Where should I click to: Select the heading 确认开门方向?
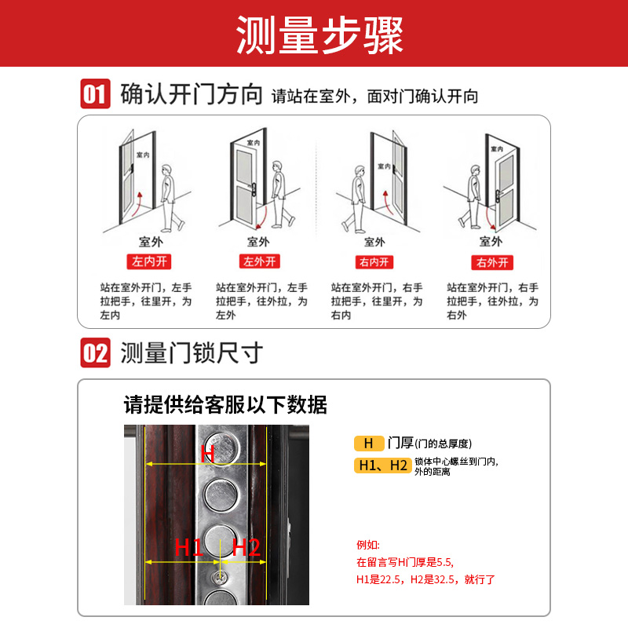point(192,95)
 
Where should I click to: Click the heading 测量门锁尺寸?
point(192,353)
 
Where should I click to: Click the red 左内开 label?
point(144,261)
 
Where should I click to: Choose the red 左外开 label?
point(259,261)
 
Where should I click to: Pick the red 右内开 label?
point(375,261)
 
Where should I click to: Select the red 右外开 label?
point(492,261)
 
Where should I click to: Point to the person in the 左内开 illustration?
point(168,196)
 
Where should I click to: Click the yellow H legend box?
point(368,444)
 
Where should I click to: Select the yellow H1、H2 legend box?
point(382,466)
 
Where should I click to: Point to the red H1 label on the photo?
point(188,547)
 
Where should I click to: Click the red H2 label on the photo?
point(246,547)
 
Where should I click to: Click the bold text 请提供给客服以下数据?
point(225,405)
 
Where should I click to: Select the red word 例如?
point(368,545)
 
